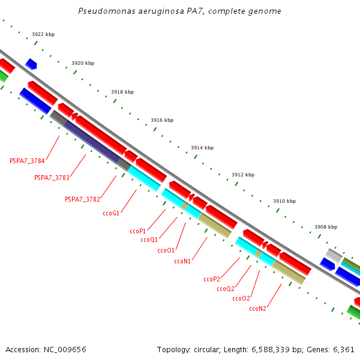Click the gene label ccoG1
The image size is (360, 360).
coord(111,213)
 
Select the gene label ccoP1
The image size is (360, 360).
coord(138,231)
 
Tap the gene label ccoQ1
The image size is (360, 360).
coord(149,240)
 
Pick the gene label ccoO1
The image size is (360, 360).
coord(166,250)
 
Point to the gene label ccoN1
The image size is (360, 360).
coord(182,261)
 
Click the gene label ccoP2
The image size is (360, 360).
coord(212,279)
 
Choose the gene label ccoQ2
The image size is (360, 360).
coord(226,289)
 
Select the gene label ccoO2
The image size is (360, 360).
coord(241,298)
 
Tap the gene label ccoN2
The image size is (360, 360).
coord(257,308)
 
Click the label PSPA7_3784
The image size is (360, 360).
coord(28,161)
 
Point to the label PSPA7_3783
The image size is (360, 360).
coord(52,178)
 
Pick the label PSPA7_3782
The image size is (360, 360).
coord(82,199)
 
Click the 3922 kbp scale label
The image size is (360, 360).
coord(43,35)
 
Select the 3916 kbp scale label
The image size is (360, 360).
coord(162,120)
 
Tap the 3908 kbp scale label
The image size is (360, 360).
coord(326,227)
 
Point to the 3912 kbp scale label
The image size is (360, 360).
coord(243,175)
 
